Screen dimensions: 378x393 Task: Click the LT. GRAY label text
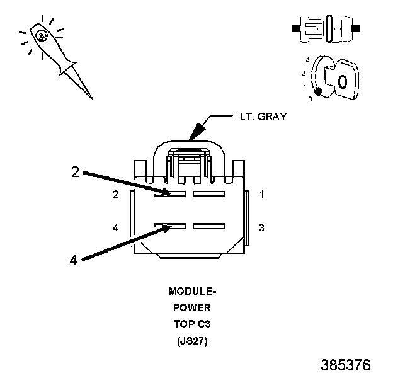pos(261,117)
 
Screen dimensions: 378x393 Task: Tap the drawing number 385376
pos(345,365)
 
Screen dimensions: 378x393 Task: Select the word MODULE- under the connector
pos(192,292)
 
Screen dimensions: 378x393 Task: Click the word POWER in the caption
pos(192,308)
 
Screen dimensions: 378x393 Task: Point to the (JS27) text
pos(192,341)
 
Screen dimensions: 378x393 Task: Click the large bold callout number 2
pos(75,171)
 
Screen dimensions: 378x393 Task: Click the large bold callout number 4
pos(74,259)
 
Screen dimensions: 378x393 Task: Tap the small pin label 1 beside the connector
pos(261,195)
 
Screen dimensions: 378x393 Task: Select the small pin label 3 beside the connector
pos(261,227)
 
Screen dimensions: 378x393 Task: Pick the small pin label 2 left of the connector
pos(116,195)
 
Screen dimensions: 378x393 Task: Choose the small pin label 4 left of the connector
pos(116,227)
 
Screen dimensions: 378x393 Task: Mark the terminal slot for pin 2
pos(170,194)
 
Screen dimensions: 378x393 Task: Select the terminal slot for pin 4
pos(170,226)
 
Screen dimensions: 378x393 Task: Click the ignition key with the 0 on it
pos(340,80)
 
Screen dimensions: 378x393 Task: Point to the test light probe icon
pos(54,54)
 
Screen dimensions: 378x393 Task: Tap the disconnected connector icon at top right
pos(326,29)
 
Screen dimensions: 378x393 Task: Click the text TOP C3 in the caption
pos(192,324)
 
